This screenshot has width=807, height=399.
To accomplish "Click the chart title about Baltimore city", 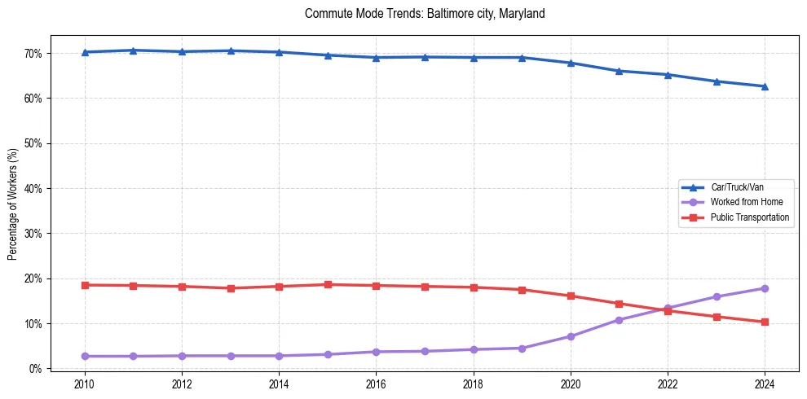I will (x=424, y=14).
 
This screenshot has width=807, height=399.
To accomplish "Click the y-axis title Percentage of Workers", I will (x=12, y=204).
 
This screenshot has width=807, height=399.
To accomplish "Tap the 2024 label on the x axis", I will (x=765, y=384).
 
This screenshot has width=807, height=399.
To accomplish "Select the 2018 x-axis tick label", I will (x=474, y=384).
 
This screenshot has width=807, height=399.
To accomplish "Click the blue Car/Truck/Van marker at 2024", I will (x=765, y=86).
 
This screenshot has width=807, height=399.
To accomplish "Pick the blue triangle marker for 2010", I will (x=85, y=52).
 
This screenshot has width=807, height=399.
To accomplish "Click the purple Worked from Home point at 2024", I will (x=765, y=288).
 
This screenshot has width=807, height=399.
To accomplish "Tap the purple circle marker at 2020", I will (x=571, y=336).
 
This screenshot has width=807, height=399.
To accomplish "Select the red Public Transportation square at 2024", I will (x=765, y=322).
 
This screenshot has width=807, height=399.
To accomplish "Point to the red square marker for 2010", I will (x=85, y=285).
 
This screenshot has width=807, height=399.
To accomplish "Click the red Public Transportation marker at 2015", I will (x=328, y=284).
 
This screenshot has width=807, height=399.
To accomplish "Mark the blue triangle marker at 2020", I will (x=571, y=63).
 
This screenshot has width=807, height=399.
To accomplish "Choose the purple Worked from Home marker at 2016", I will (x=376, y=352).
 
